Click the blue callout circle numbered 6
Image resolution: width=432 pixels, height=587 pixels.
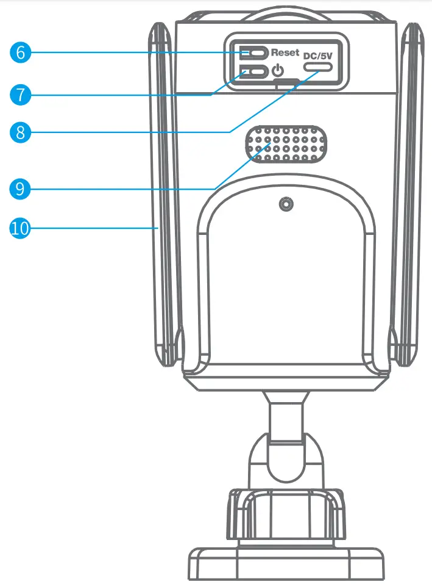(x=20, y=52)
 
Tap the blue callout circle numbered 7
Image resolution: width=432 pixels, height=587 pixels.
(x=20, y=95)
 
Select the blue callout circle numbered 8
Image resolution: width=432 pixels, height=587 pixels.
(x=20, y=132)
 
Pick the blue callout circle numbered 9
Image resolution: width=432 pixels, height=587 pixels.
(x=20, y=189)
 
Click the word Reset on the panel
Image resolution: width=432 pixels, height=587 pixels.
(x=285, y=52)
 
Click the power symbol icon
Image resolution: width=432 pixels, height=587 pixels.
(x=277, y=71)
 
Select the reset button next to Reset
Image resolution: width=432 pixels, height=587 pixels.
(x=253, y=52)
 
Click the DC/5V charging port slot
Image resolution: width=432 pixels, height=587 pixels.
(x=320, y=71)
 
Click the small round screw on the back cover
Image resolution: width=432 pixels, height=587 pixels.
(x=285, y=205)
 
